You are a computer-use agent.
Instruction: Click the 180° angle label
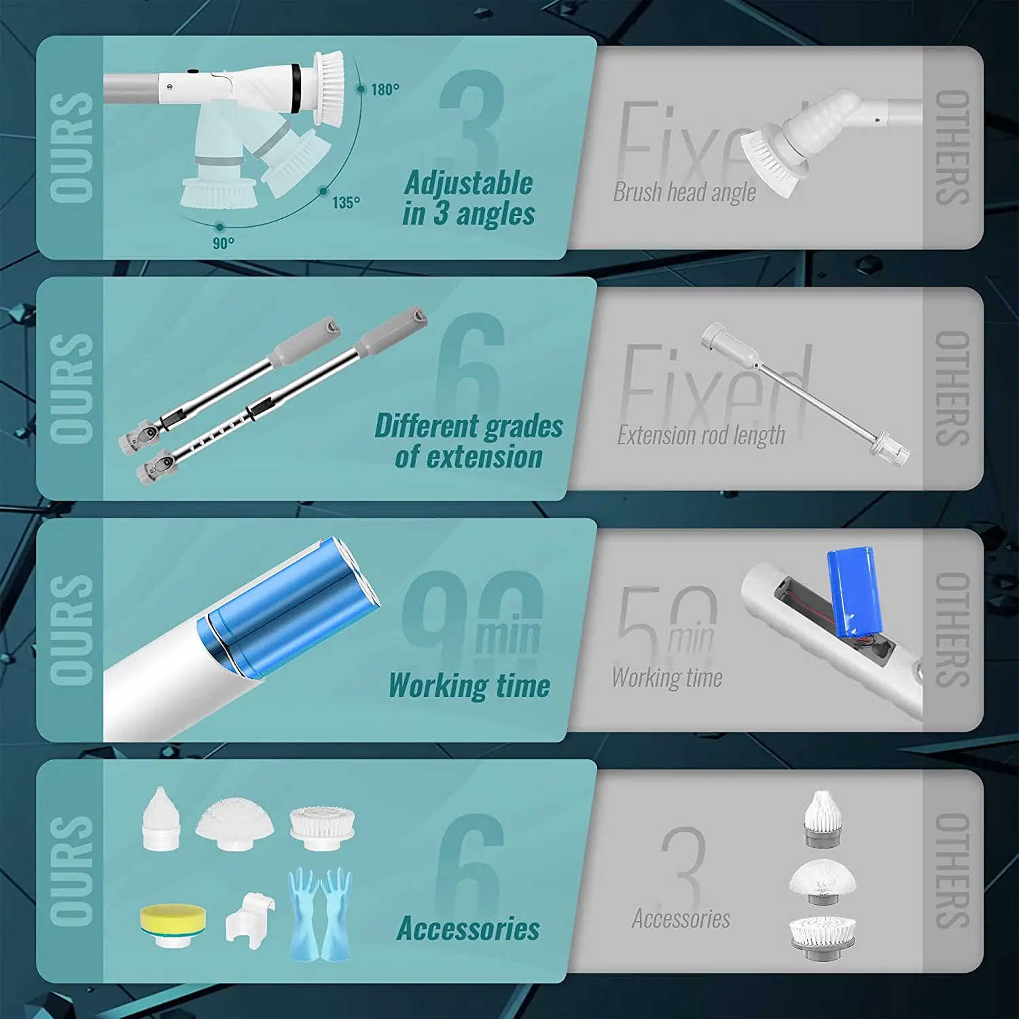point(385,90)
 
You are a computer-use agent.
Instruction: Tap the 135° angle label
point(346,202)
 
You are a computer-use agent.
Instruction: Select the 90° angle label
point(223,243)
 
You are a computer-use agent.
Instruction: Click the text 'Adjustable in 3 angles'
point(469,198)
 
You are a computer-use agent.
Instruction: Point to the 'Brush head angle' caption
point(684,192)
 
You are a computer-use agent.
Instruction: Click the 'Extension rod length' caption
point(700,435)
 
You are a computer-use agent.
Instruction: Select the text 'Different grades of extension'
point(469,441)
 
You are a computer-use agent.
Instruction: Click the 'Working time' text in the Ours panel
point(469,685)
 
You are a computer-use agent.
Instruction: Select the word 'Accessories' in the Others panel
point(681,918)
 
